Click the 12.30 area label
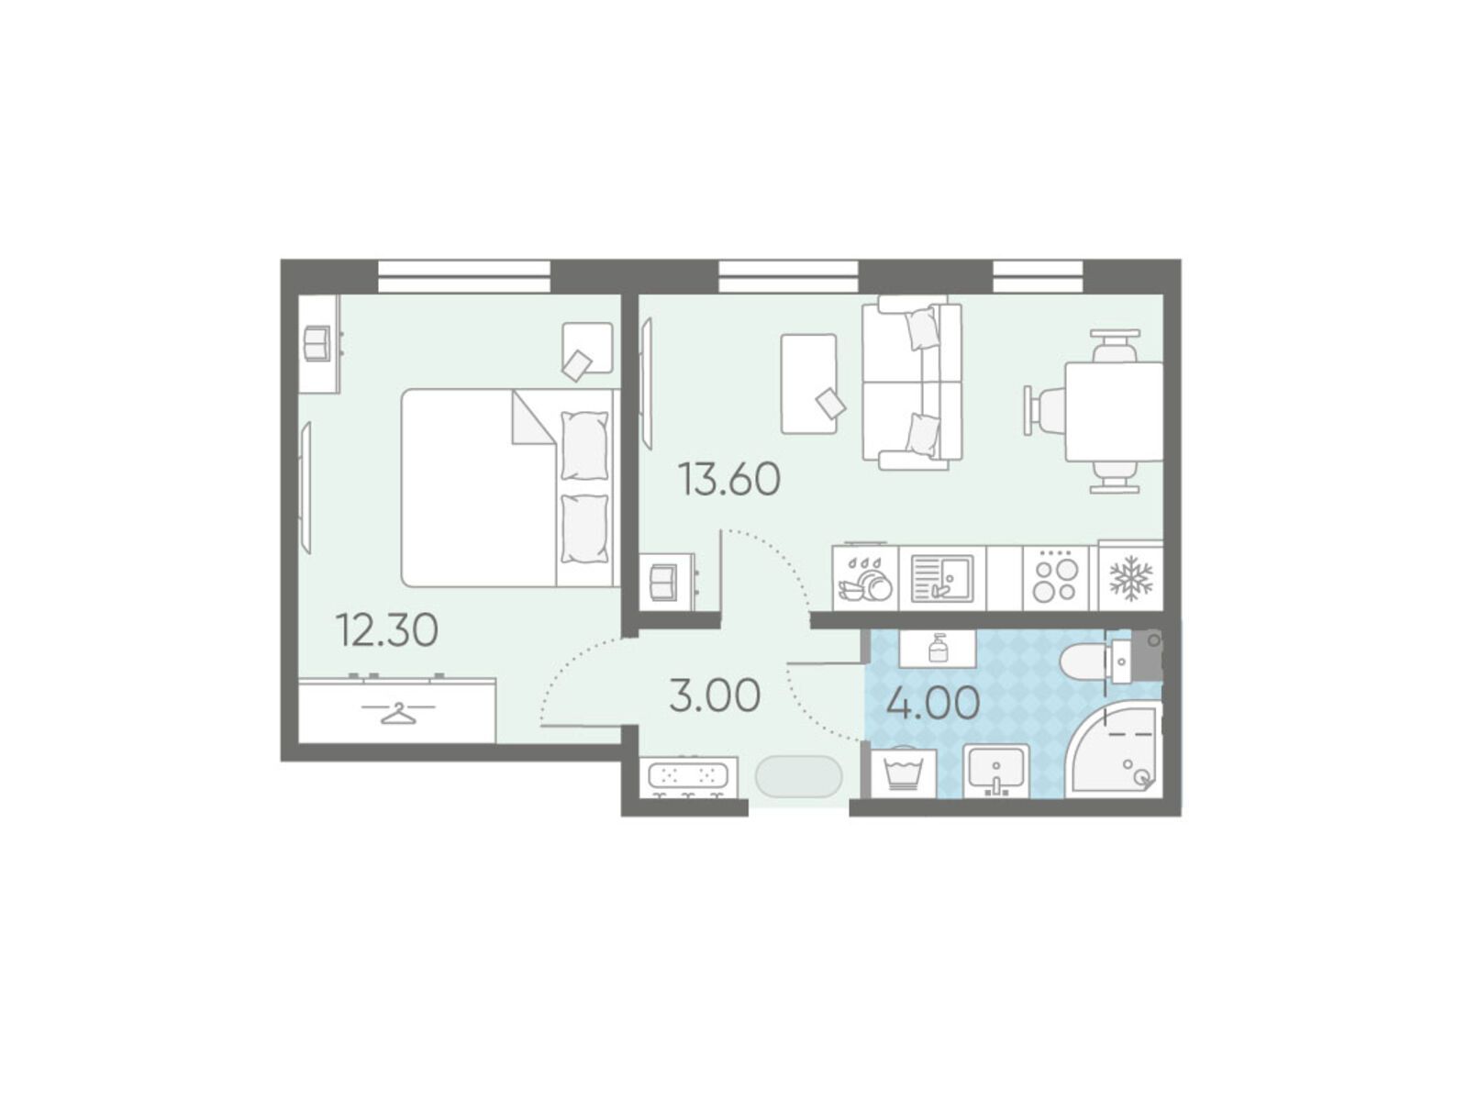[389, 630]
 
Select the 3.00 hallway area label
[715, 695]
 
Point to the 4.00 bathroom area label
[933, 704]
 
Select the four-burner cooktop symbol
[1056, 576]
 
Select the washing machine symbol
[904, 773]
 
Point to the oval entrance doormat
[798, 775]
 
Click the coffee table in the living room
[808, 384]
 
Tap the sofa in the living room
[912, 383]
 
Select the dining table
[1114, 411]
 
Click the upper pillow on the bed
[585, 445]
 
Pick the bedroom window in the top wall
[464, 276]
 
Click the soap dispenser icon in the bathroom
[938, 648]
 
